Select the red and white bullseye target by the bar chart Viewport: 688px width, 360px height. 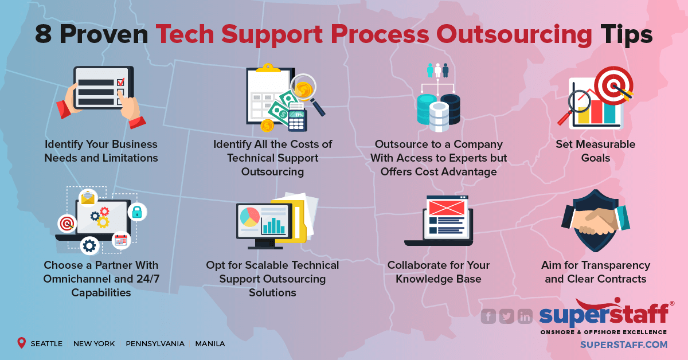(x=613, y=84)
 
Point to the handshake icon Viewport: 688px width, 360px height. (x=596, y=221)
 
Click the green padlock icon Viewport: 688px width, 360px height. (x=137, y=212)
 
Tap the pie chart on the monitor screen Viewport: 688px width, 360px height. (x=249, y=217)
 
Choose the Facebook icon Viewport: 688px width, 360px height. (x=488, y=316)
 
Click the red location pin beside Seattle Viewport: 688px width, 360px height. (x=22, y=343)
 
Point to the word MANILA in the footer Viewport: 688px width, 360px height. (x=210, y=344)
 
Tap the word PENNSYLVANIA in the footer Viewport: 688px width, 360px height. (x=155, y=344)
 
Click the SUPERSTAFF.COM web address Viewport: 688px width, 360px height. (x=624, y=345)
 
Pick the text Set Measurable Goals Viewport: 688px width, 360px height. (x=596, y=151)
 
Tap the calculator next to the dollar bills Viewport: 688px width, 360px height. (x=298, y=120)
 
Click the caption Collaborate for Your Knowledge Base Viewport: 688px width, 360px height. (x=439, y=272)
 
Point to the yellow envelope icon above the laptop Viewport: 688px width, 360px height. (x=88, y=198)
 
